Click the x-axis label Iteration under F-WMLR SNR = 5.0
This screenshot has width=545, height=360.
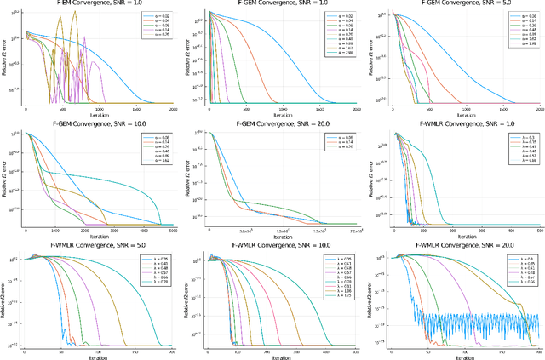(x=100, y=357)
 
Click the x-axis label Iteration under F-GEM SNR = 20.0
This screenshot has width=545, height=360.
(x=283, y=236)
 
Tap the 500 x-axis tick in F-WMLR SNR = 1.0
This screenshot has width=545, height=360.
(x=539, y=231)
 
